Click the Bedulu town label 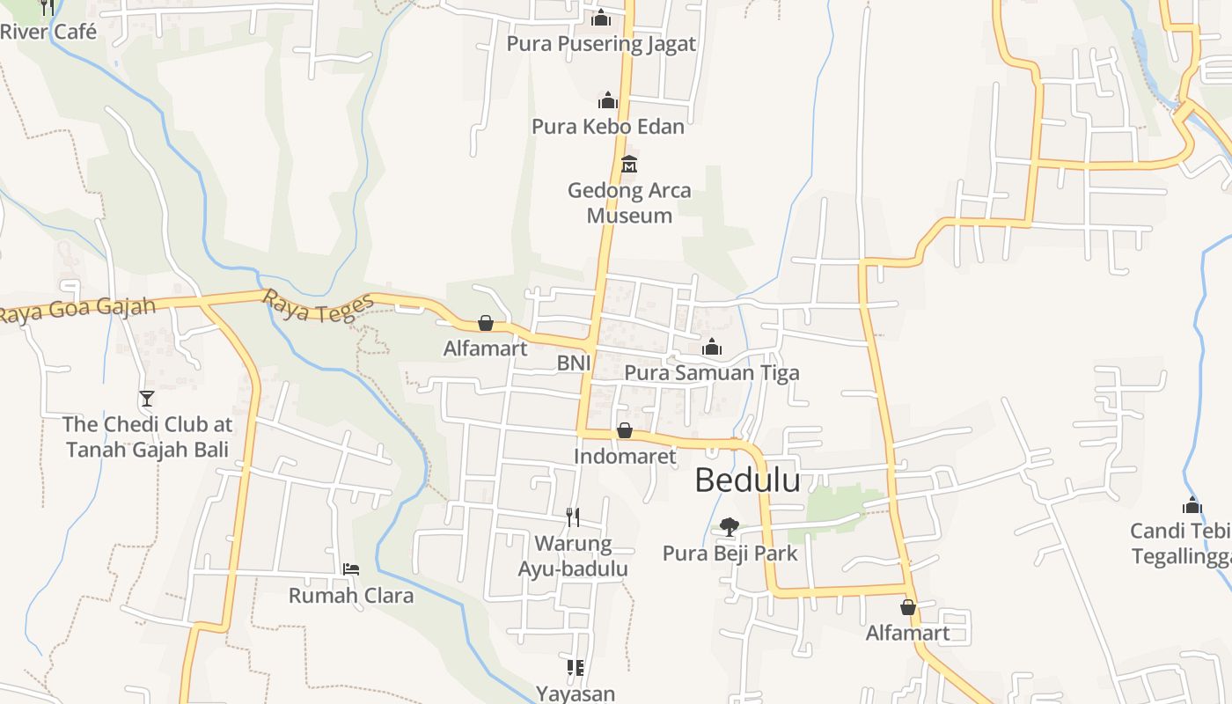(747, 480)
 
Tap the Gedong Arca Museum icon (629, 165)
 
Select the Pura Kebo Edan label (607, 127)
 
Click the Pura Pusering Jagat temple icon (601, 18)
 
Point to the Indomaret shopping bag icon (624, 430)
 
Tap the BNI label (574, 363)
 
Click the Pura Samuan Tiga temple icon (712, 348)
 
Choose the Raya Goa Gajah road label (77, 311)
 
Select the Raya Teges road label (319, 306)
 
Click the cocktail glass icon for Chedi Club (147, 399)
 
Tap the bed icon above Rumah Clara (350, 569)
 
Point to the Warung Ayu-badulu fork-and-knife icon (573, 517)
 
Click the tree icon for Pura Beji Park (729, 527)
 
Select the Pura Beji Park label (730, 554)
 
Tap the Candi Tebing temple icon (1192, 505)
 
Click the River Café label (48, 32)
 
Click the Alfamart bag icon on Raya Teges (485, 324)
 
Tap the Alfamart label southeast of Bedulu (907, 633)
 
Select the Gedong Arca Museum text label (629, 202)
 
